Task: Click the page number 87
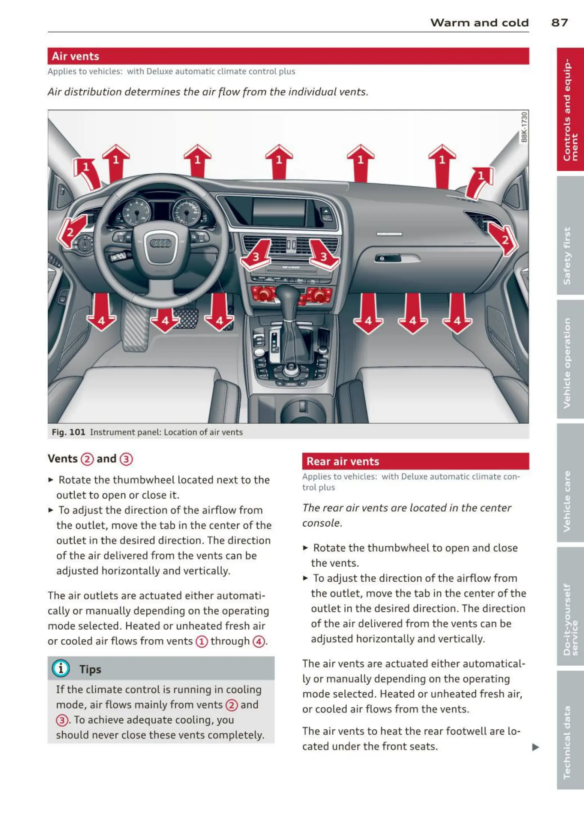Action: pos(559,22)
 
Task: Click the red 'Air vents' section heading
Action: pos(75,56)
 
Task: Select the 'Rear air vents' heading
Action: pos(343,461)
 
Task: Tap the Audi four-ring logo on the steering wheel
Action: pos(161,243)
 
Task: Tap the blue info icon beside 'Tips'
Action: pos(61,668)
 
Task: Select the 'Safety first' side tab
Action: pos(567,255)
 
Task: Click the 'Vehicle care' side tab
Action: pos(567,501)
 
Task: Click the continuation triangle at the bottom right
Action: pos(536,747)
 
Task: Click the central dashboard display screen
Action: pos(279,212)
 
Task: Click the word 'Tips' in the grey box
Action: pos(90,669)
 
